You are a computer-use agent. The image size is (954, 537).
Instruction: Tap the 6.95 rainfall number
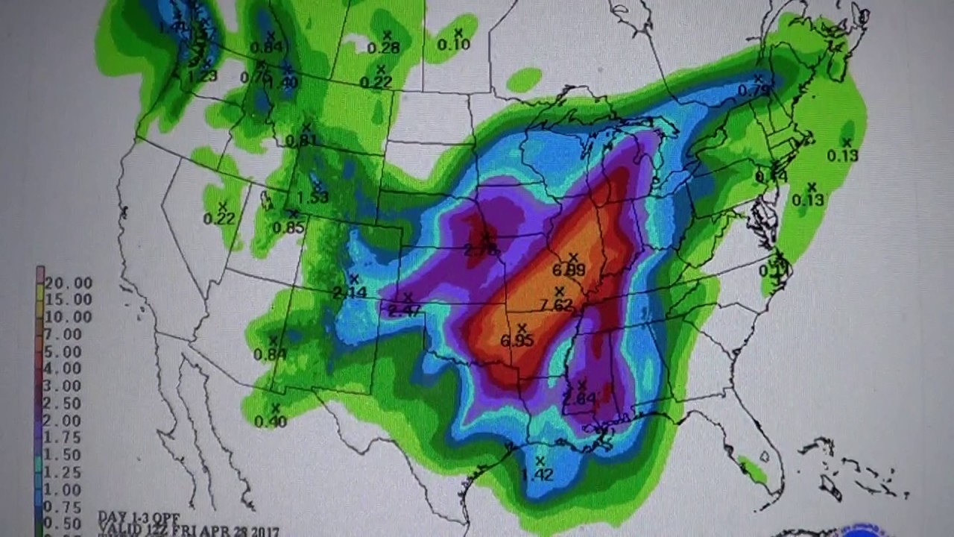point(517,341)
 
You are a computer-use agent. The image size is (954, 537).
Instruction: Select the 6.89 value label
point(569,269)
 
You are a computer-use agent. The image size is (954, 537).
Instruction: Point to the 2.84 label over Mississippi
point(579,399)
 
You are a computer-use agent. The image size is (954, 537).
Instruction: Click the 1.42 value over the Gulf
point(537,474)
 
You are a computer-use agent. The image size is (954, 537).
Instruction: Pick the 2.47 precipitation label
point(405,310)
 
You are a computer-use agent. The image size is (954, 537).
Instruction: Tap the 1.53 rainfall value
point(312,198)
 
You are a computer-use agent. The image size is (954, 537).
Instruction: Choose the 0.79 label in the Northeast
point(754,90)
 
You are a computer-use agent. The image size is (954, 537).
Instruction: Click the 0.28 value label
point(384,48)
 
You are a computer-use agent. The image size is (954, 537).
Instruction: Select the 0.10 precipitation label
point(454,45)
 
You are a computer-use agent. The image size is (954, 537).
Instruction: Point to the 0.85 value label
point(288,227)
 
